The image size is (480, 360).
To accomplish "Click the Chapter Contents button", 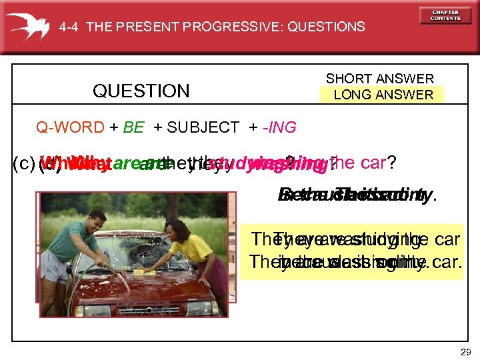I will point(445,15).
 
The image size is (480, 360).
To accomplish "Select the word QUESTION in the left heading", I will point(141,91).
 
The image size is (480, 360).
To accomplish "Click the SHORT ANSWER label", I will point(379,79).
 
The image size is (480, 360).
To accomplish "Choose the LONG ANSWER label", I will point(383,95).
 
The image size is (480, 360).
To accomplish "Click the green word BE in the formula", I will point(133,127).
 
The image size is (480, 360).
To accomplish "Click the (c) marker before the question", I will point(25,163).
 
